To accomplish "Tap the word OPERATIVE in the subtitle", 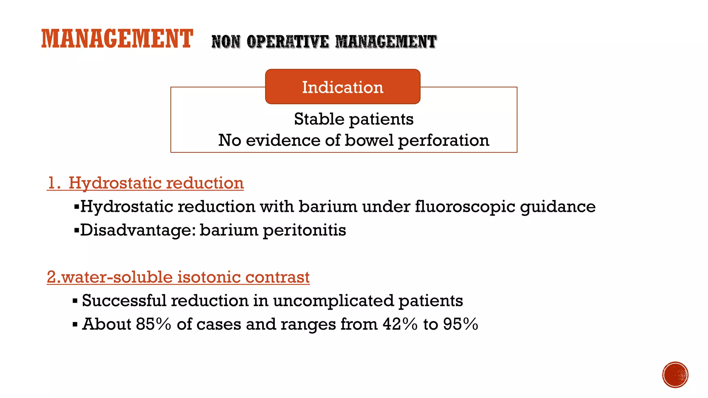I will point(288,42).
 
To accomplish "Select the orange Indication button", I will point(343,87).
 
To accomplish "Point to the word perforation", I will point(444,141).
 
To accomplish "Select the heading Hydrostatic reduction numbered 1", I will point(146,183).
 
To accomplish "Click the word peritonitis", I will point(304,230).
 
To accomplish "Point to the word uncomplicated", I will point(333,301).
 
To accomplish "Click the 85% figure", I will point(153,324).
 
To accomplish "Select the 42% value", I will point(400,324).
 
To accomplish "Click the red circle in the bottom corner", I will point(675,375).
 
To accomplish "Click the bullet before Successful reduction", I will point(75,301).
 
